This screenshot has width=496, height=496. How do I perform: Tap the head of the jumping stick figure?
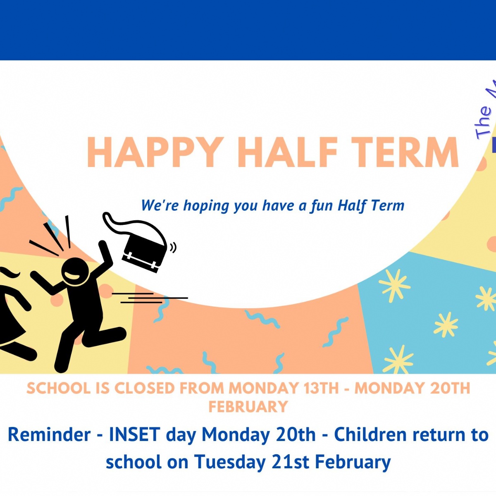pos(75,272)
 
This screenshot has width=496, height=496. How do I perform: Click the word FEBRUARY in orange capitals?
pos(248,407)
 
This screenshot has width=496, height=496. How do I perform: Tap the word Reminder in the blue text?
pos(49,435)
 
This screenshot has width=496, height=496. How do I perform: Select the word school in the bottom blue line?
pos(133,462)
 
